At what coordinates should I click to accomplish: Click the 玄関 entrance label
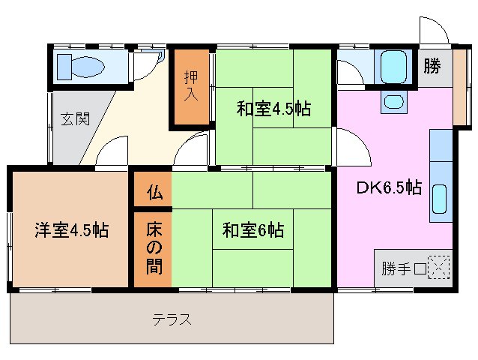tap(75, 118)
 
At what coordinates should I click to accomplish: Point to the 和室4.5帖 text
tap(273, 109)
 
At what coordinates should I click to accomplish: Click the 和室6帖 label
tap(252, 230)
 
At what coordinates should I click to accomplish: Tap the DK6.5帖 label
tap(388, 187)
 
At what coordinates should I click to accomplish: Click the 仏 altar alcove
tap(154, 192)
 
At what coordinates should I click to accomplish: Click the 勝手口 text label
tap(403, 268)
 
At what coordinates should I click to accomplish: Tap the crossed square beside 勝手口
tap(438, 268)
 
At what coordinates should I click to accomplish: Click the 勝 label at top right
tap(432, 67)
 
